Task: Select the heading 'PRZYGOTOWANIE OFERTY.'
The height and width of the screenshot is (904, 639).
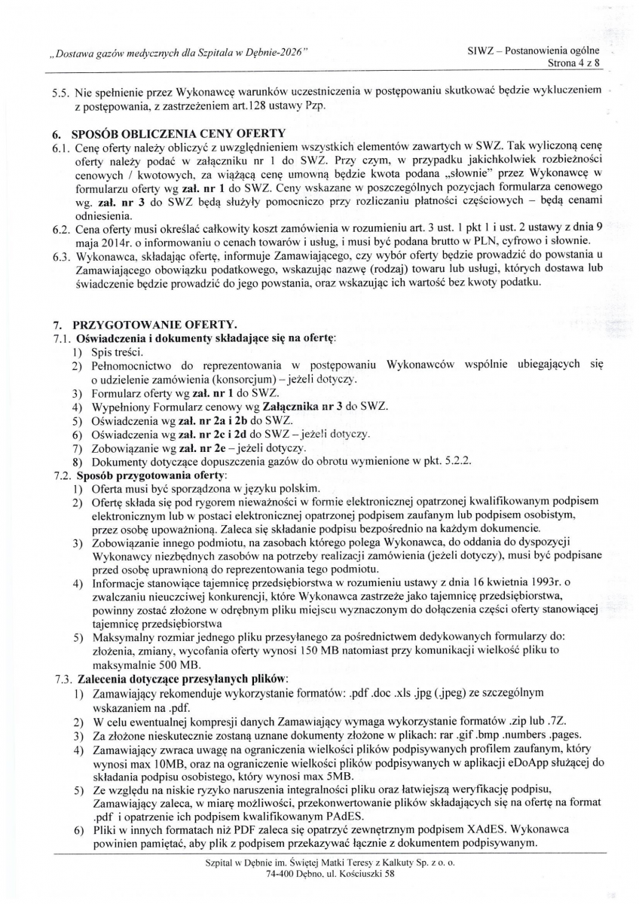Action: [144, 325]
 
